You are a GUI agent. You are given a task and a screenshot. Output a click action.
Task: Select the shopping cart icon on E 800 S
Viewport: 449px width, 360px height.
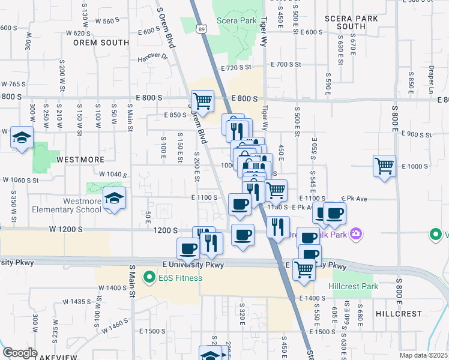tap(202, 101)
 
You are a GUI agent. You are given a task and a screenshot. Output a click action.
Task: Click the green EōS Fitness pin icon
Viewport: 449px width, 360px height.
tap(148, 278)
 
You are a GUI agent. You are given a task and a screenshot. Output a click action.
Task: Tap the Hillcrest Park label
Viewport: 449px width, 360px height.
tap(354, 286)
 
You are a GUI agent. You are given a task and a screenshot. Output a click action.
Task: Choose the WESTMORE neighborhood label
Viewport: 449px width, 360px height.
tap(81, 160)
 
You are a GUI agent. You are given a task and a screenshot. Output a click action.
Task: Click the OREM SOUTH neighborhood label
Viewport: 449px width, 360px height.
tap(101, 43)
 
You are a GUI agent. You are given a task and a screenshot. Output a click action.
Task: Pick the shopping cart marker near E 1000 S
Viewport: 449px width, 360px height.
tap(384, 166)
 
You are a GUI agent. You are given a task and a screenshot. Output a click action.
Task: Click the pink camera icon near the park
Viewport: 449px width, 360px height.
tap(357, 233)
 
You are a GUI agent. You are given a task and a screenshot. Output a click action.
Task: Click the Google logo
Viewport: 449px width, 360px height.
tap(19, 353)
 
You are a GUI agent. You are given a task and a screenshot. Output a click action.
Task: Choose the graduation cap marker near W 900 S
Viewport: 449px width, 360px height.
tap(22, 139)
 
